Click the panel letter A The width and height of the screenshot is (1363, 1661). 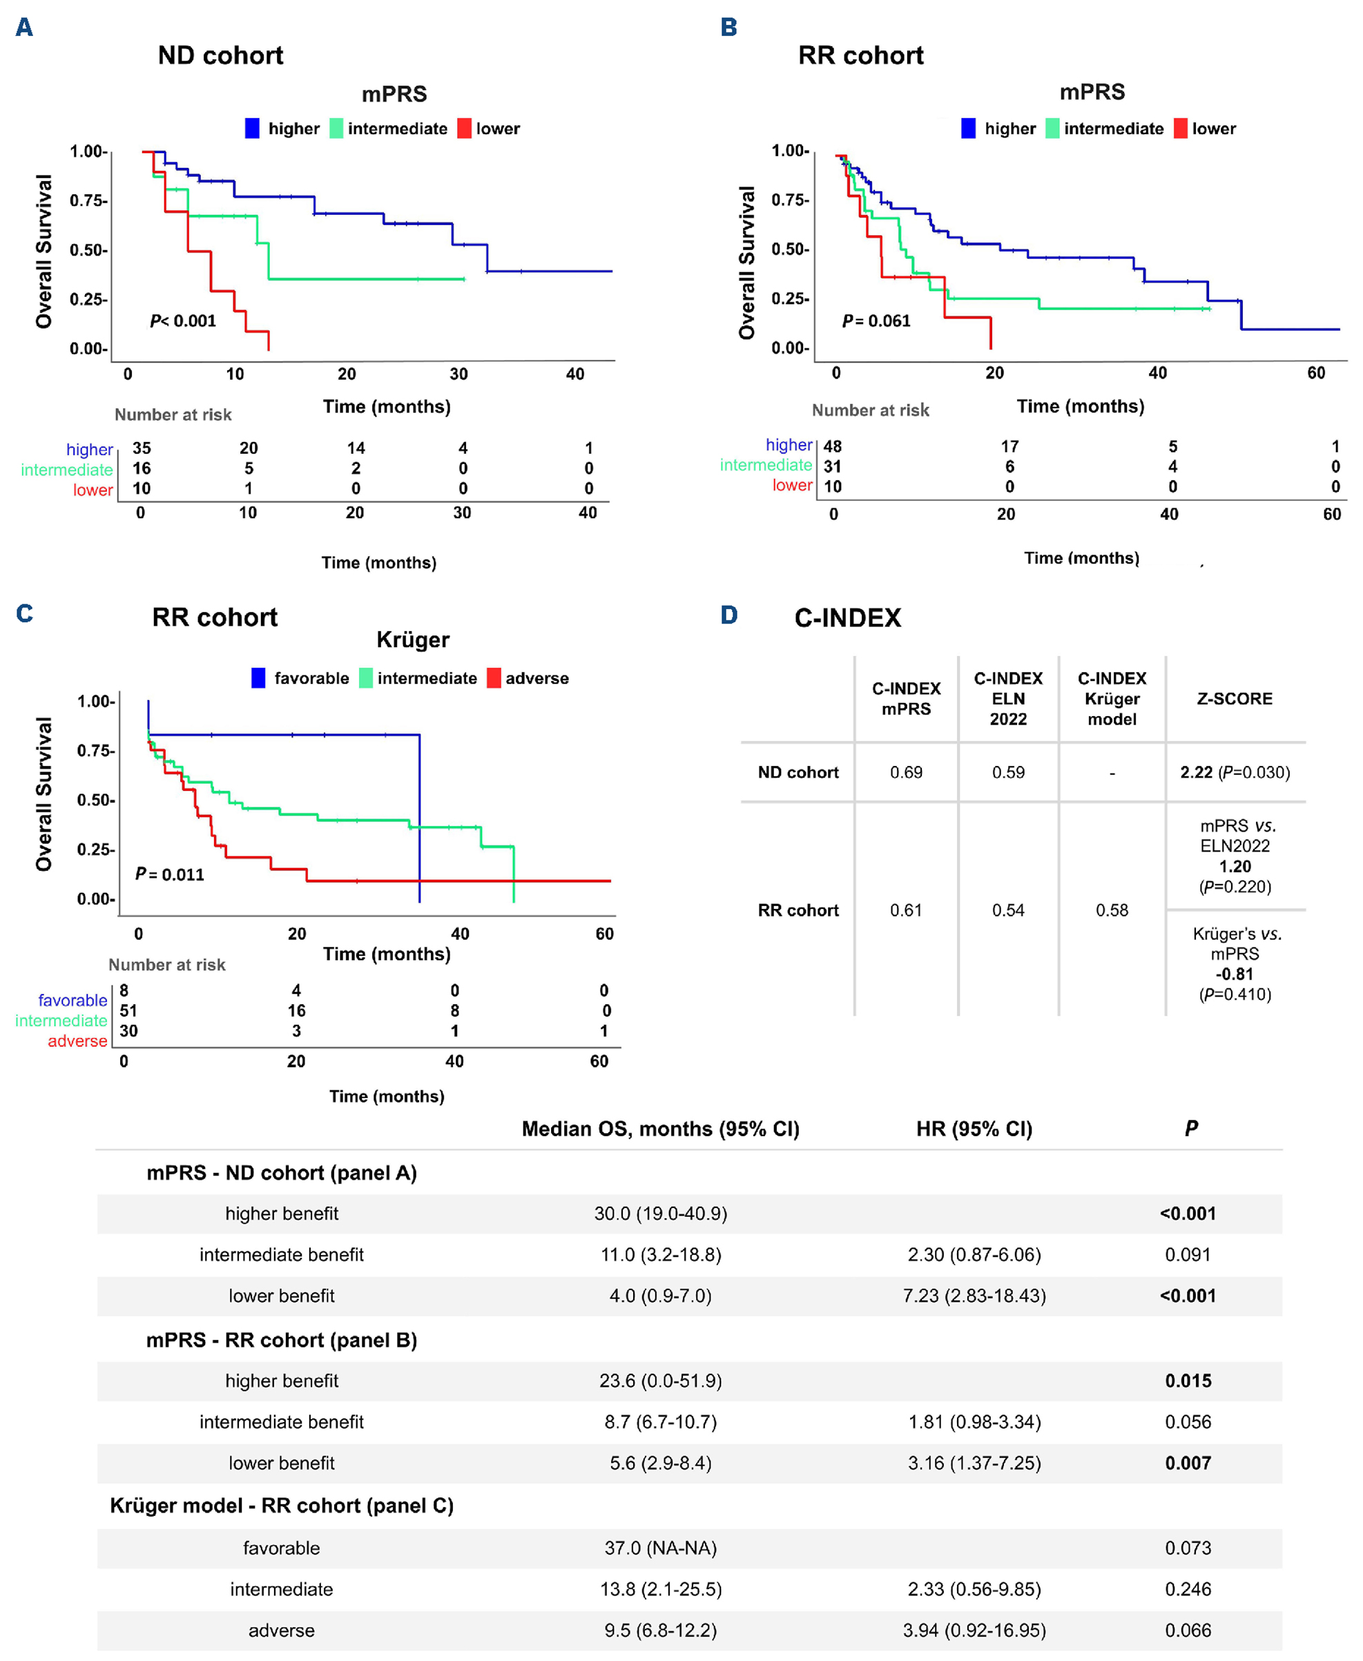24,28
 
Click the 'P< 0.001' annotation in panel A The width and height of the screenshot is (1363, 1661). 183,320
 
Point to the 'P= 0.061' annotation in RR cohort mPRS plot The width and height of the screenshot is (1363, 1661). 876,320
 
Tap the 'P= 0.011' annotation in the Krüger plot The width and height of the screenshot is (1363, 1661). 170,874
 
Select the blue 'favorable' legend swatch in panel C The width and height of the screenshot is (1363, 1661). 258,678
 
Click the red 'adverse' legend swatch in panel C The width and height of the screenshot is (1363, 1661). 494,678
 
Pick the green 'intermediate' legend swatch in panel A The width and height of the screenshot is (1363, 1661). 336,128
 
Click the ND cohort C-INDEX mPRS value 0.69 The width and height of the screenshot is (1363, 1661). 905,772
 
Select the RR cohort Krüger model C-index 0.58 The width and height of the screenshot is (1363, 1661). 1112,910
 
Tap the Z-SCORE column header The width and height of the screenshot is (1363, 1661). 1235,698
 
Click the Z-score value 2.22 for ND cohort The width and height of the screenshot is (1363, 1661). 1197,772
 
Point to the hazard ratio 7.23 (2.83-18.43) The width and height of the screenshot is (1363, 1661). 974,1295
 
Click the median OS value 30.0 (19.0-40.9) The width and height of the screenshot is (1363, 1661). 660,1213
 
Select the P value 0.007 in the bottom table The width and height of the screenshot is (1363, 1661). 1188,1462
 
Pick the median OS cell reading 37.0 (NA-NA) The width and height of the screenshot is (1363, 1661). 660,1547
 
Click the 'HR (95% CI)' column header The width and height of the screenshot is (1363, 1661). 974,1129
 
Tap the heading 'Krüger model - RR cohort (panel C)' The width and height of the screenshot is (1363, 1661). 281,1505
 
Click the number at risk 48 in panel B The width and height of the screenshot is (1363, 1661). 832,446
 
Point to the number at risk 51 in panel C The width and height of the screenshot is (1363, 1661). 128,1010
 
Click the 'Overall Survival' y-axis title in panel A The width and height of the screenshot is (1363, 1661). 44,251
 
